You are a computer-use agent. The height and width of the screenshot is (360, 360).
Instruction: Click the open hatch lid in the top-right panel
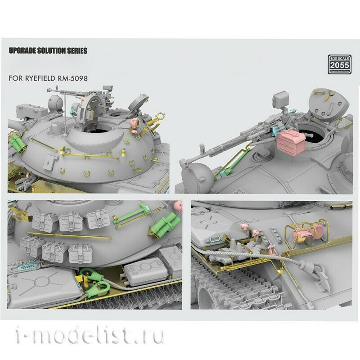coord(328,105)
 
